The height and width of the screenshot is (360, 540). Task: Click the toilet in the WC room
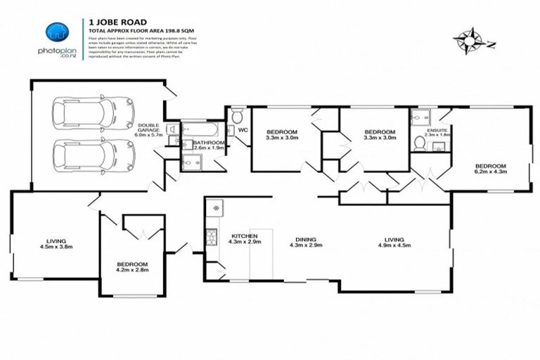coord(237,115)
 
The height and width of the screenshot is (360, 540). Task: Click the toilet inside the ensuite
coord(420,144)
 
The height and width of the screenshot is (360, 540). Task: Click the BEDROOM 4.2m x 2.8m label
coord(133,267)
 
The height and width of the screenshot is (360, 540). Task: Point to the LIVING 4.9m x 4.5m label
coord(392,241)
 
